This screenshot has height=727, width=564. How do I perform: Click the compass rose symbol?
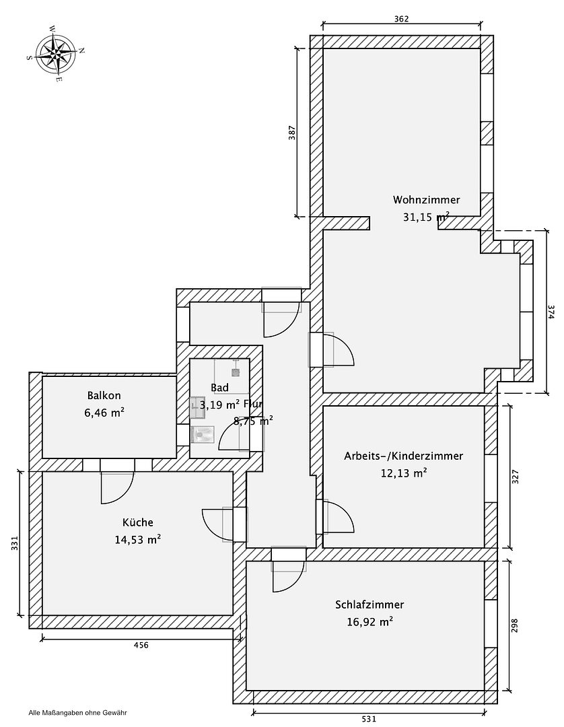click(57, 53)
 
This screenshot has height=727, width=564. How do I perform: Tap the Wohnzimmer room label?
click(426, 200)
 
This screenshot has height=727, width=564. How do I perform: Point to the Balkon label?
click(104, 396)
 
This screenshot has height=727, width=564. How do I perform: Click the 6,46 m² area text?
click(104, 413)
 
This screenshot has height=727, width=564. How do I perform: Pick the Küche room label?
click(137, 522)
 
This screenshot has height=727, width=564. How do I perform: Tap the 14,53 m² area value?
click(137, 539)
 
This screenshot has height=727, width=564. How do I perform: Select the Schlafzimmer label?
click(369, 604)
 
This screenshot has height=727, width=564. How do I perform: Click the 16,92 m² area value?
click(369, 622)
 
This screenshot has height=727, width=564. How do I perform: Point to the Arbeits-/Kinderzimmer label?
click(403, 456)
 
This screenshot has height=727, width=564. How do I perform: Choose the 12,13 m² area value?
click(403, 473)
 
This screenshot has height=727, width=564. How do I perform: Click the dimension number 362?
click(401, 19)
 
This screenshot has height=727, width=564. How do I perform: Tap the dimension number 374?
click(551, 312)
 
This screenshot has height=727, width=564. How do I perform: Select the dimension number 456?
click(141, 645)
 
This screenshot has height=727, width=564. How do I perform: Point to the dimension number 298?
click(516, 626)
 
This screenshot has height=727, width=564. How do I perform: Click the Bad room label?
click(219, 388)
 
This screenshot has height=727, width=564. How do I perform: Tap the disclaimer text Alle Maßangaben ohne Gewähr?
click(78, 712)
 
